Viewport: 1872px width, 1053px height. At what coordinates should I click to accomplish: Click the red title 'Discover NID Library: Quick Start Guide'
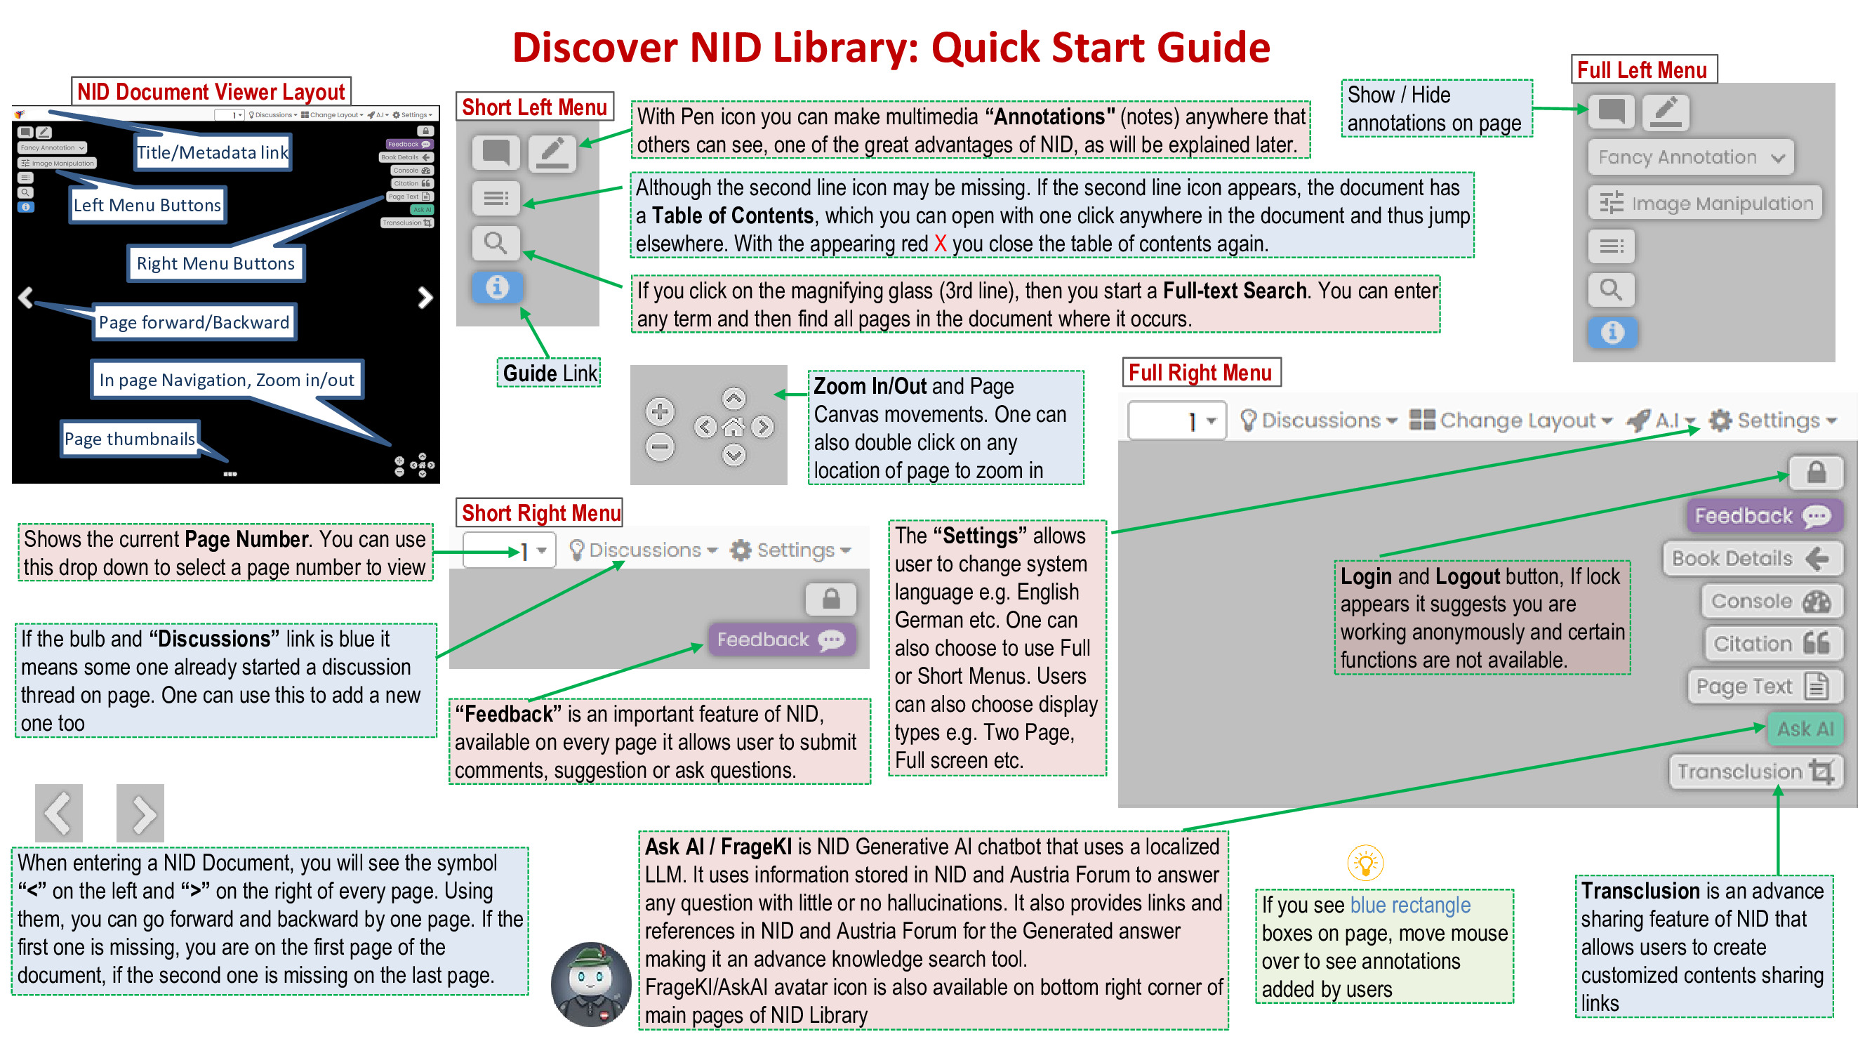coord(891,48)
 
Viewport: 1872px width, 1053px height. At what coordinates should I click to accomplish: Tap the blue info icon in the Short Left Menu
coord(497,287)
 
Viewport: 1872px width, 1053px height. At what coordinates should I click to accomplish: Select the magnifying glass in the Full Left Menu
coord(1611,290)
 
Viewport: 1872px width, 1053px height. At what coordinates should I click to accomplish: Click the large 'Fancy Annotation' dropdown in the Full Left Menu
coord(1690,157)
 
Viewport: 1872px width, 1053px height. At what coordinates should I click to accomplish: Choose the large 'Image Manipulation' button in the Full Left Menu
coord(1705,203)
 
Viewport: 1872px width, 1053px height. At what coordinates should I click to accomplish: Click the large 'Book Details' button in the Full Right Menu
coord(1751,558)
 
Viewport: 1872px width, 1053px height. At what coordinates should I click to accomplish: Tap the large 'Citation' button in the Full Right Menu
coord(1771,643)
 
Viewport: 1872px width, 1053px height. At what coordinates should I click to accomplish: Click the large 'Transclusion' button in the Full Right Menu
coord(1755,771)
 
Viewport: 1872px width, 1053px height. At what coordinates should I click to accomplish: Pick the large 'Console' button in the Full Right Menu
coord(1771,601)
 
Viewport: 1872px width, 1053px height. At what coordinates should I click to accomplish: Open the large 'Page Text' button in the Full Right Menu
coord(1764,686)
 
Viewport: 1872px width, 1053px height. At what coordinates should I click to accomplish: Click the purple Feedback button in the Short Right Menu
coord(781,640)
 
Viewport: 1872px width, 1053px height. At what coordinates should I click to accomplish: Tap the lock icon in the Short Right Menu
coord(830,599)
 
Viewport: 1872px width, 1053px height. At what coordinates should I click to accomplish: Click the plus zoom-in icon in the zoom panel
coord(659,412)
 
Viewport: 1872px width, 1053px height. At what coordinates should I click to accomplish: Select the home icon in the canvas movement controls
coord(734,427)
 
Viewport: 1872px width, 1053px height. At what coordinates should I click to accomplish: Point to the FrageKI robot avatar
coord(590,984)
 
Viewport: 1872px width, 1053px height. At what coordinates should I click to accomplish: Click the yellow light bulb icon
coord(1365,863)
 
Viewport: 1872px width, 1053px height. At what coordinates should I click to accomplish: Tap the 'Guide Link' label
coord(550,373)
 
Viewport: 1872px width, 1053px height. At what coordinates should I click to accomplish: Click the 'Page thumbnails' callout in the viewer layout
coord(129,439)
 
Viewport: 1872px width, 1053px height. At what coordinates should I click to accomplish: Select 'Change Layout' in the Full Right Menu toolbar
coord(1511,420)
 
